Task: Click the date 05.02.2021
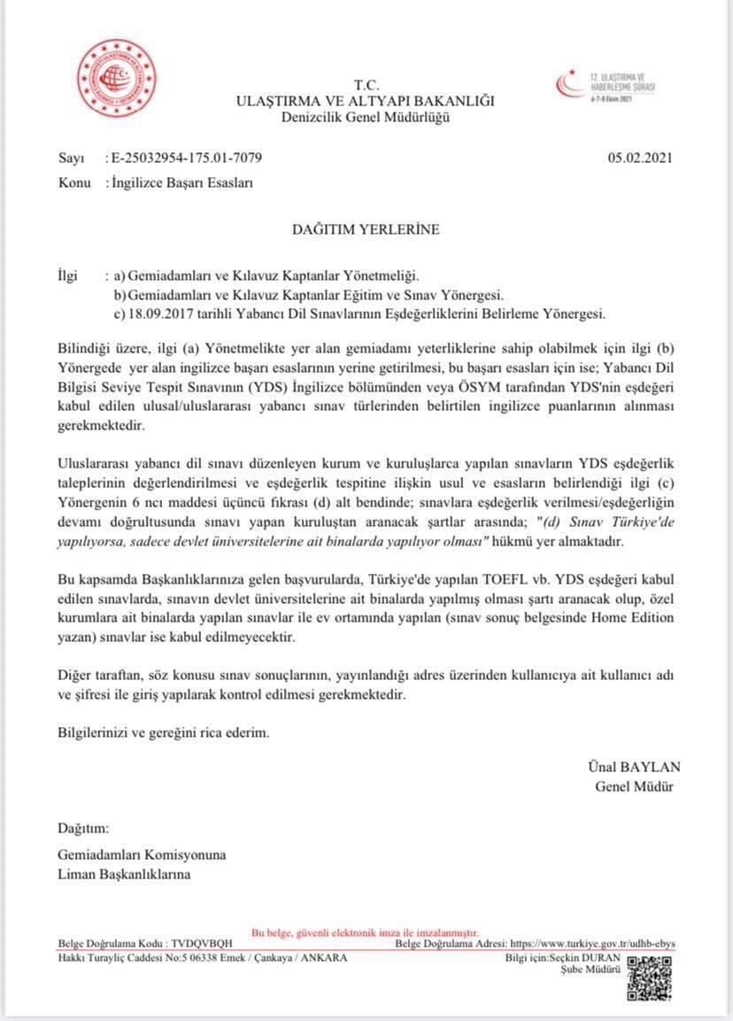tap(640, 159)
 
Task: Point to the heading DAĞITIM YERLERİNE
tap(366, 229)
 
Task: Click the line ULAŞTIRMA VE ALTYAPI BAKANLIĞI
tap(366, 101)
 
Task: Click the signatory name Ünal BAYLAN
tap(634, 767)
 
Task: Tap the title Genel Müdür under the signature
tap(634, 786)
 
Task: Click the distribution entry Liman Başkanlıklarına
tap(123, 874)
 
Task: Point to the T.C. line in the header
tap(366, 85)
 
